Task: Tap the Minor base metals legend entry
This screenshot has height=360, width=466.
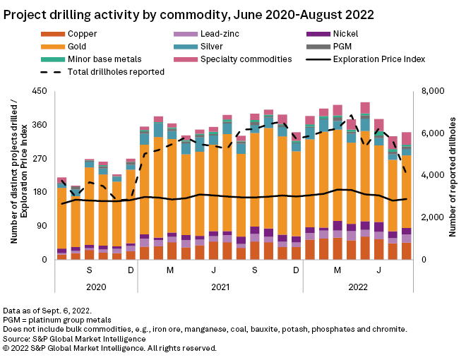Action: click(x=104, y=59)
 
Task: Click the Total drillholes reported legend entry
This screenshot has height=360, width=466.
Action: click(x=116, y=71)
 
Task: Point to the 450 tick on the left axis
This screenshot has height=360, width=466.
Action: click(x=40, y=91)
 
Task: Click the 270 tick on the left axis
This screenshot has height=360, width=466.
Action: click(x=40, y=158)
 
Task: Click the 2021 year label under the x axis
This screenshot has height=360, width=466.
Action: click(x=220, y=287)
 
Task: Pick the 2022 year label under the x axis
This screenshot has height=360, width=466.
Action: click(x=359, y=287)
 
